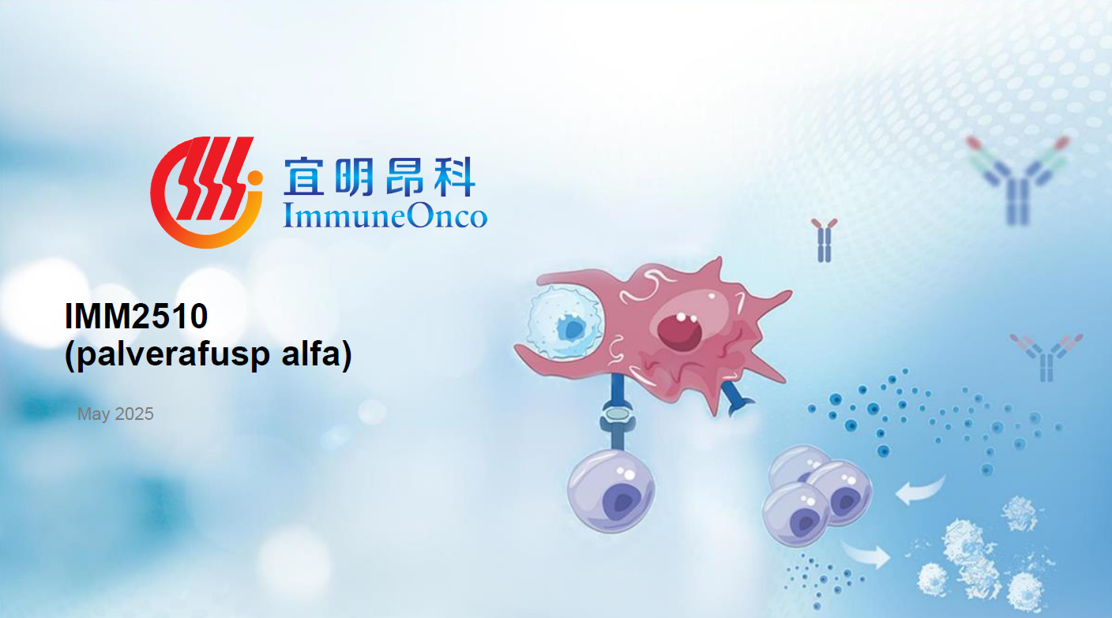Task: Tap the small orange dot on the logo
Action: tap(254, 178)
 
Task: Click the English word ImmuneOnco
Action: tap(385, 215)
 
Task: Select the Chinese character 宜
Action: tap(303, 177)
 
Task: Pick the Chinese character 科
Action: tap(455, 177)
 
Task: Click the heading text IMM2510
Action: tap(136, 316)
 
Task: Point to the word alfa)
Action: tap(317, 354)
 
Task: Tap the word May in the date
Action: tap(94, 414)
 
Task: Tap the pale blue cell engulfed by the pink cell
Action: tap(565, 322)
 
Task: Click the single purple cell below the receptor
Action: tap(610, 490)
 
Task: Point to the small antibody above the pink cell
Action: tap(824, 240)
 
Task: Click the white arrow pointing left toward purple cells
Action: tap(920, 490)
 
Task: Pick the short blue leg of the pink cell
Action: tap(737, 397)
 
